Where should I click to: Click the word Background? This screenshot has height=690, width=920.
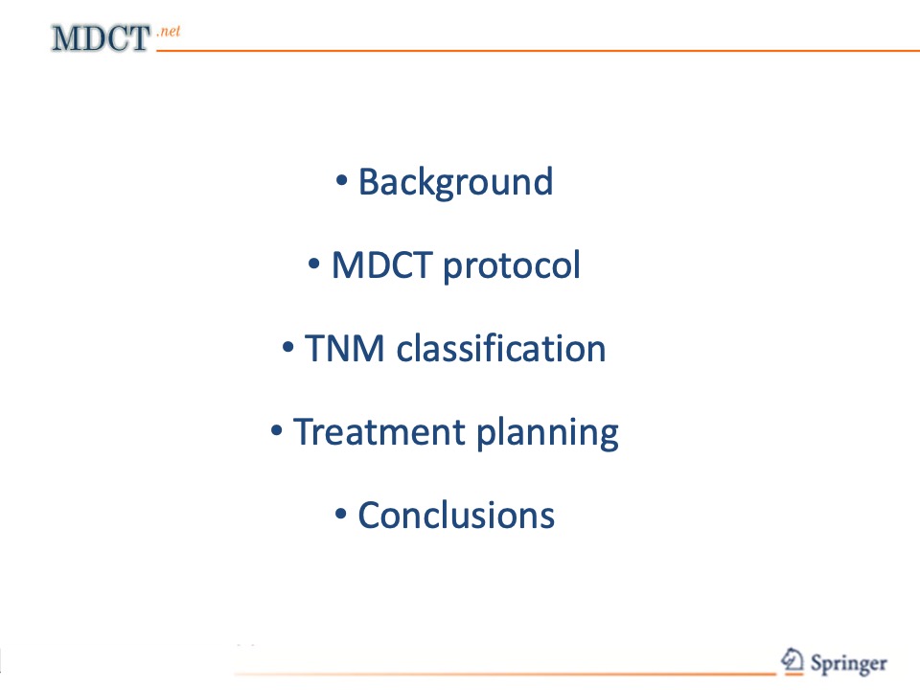[x=456, y=183]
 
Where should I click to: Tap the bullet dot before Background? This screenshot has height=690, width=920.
[x=341, y=180]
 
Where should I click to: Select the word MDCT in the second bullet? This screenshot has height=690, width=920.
[x=382, y=265]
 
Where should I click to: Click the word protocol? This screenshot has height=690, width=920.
[x=512, y=267]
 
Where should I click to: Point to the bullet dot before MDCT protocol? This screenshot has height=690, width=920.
[x=314, y=264]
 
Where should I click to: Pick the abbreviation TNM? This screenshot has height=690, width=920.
[x=345, y=349]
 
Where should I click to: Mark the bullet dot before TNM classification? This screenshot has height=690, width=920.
[x=287, y=347]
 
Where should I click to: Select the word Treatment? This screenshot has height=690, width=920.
[x=379, y=432]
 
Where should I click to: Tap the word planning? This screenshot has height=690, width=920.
[x=547, y=433]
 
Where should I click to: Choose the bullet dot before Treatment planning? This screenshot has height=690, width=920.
[x=276, y=430]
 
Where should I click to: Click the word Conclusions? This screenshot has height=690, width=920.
[x=456, y=516]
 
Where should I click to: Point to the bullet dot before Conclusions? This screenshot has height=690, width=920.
[x=341, y=514]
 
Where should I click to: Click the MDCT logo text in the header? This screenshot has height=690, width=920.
[x=101, y=38]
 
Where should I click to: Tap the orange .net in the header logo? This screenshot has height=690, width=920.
[x=169, y=31]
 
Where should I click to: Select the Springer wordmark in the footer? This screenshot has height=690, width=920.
[x=848, y=664]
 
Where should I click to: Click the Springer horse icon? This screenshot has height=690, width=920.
[x=793, y=660]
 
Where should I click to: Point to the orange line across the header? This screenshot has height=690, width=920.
[x=538, y=51]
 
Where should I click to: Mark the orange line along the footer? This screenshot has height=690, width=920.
[x=505, y=674]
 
